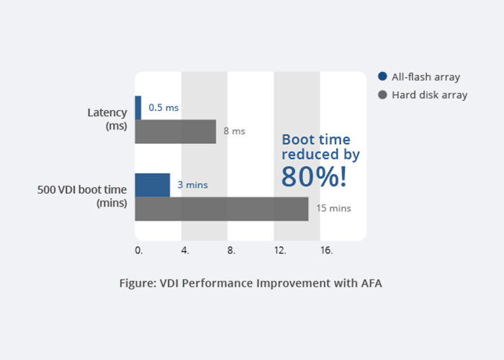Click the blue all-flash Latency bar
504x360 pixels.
pos(138,107)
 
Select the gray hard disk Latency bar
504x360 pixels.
pos(175,132)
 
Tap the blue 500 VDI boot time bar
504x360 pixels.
pos(153,185)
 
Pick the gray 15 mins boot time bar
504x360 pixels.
pos(221,209)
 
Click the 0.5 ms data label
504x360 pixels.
pos(163,108)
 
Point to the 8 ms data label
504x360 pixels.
pos(234,131)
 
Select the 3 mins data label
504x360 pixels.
pos(192,185)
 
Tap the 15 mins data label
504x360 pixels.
pos(333,208)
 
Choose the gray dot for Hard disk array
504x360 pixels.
pos(382,95)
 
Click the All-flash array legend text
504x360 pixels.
pos(426,77)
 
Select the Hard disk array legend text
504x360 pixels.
pos(429,95)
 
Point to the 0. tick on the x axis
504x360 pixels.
pos(139,251)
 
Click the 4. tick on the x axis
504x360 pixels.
pos(185,251)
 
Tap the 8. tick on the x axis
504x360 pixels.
pos(231,251)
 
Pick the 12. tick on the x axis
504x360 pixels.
pos(280,251)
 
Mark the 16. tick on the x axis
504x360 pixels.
pos(326,251)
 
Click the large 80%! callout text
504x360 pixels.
pos(315,176)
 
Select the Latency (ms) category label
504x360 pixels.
pos(107,119)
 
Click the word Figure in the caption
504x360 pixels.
pos(138,283)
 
